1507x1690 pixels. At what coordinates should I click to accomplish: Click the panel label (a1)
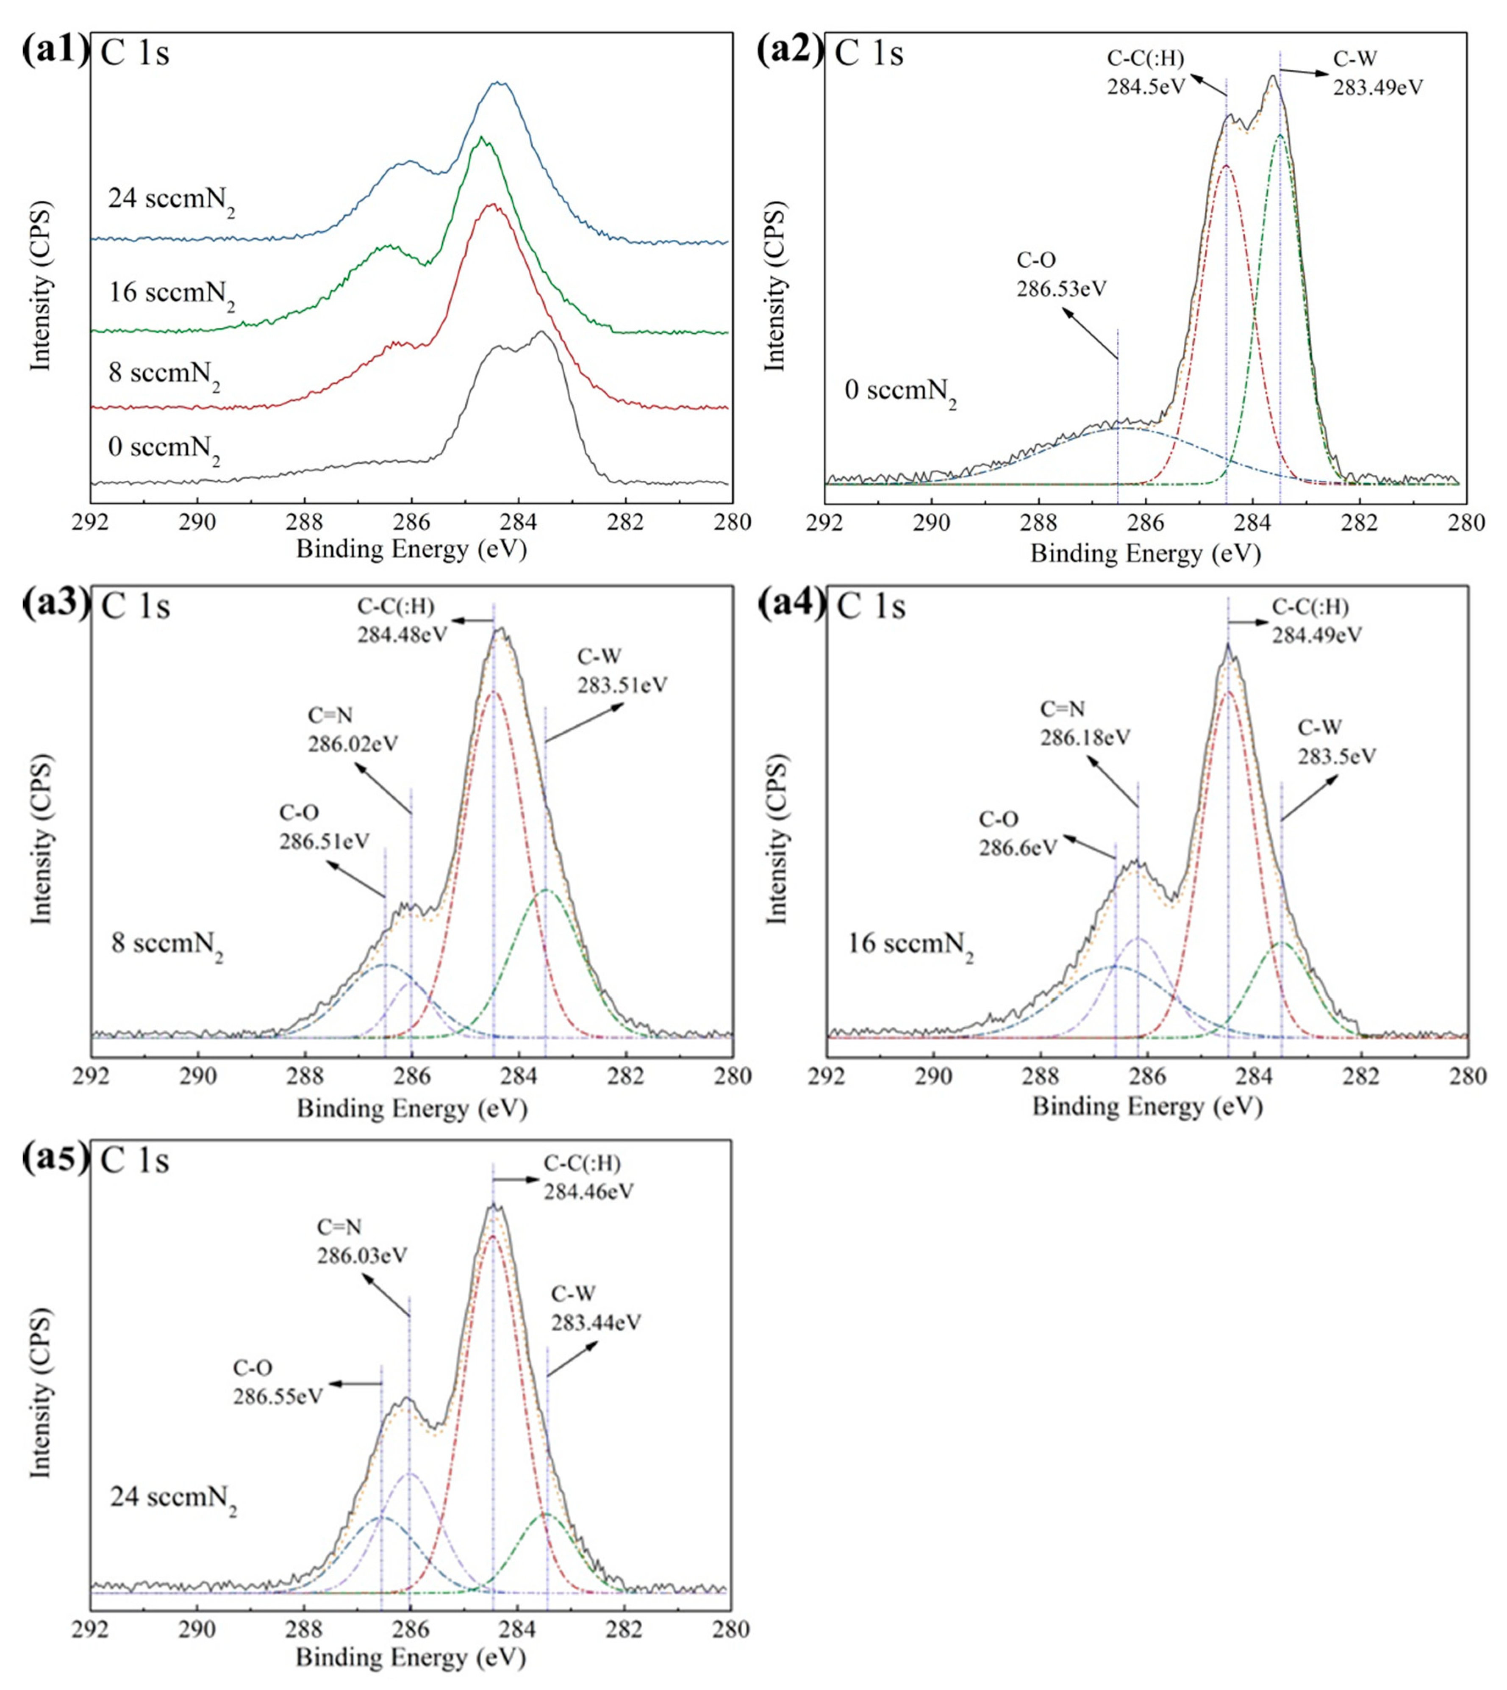click(54, 51)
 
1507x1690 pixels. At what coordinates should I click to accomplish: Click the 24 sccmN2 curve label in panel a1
click(171, 201)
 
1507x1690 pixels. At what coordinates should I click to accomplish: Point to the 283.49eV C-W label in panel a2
click(1378, 74)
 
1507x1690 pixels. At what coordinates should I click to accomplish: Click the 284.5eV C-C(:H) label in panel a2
click(1146, 73)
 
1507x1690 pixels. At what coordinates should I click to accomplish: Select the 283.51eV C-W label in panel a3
click(622, 671)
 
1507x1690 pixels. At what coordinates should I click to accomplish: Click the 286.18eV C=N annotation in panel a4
click(1085, 723)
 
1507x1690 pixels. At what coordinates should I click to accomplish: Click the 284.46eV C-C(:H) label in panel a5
click(588, 1177)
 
